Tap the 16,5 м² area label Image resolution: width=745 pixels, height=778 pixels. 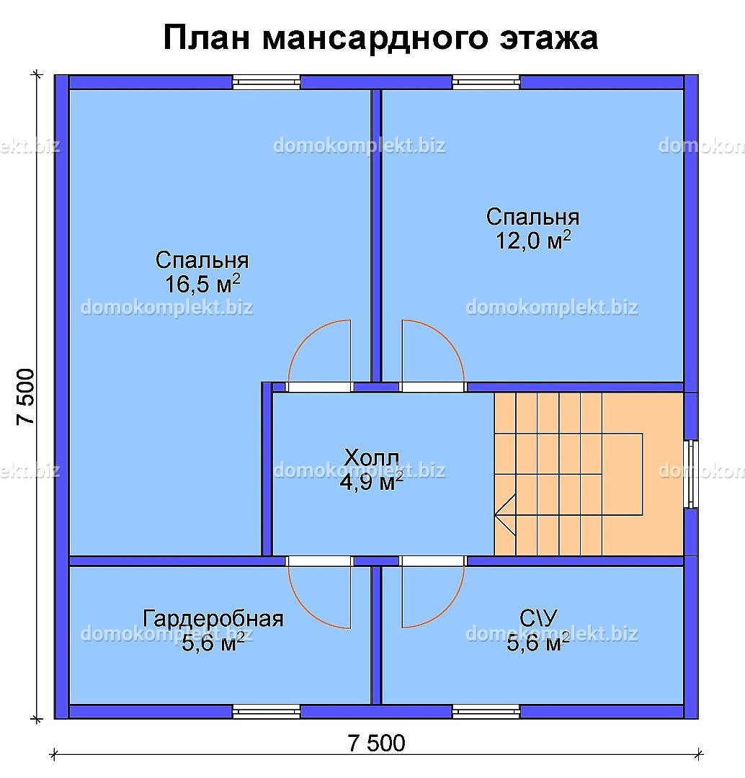click(202, 284)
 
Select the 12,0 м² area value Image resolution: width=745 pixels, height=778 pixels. click(532, 241)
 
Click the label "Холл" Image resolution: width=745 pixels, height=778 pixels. click(371, 457)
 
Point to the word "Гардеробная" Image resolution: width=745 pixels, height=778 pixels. click(213, 618)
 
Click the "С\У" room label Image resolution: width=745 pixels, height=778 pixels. click(538, 617)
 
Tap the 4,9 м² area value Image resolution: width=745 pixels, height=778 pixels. click(371, 483)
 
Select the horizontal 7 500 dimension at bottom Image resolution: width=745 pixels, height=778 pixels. click(376, 742)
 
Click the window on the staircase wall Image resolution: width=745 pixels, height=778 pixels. click(690, 473)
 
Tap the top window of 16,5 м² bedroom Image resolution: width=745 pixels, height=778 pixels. click(267, 81)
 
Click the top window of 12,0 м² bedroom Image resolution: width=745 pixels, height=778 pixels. click(486, 81)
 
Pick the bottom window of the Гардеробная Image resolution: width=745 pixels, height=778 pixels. click(267, 712)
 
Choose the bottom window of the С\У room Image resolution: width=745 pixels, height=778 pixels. click(486, 712)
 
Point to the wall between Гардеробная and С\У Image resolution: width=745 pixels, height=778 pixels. click(376, 634)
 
